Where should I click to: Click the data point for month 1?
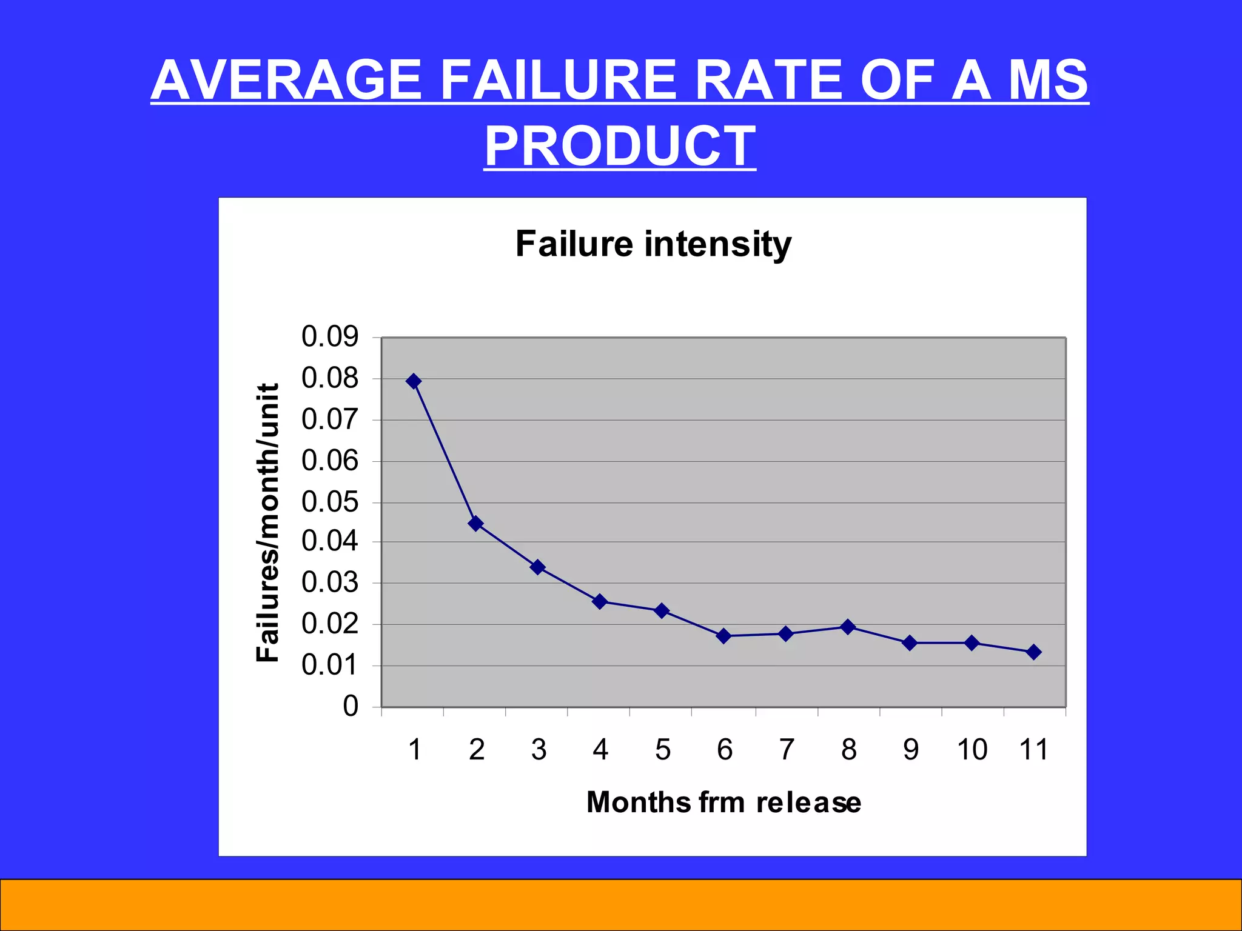414,381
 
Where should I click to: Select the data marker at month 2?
476,523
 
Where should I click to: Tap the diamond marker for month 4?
600,601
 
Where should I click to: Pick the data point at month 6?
723,636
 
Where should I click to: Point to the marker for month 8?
848,627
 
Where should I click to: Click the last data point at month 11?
1034,652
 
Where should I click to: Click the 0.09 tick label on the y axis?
330,337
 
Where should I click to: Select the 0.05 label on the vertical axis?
330,502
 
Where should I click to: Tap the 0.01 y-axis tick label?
330,666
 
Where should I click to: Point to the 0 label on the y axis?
351,707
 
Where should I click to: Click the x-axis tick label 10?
972,750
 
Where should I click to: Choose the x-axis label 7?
786,750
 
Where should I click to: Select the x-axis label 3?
539,750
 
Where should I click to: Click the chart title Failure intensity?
653,244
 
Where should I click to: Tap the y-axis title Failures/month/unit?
267,522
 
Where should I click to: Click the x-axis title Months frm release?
723,803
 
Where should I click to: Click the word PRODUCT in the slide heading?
620,146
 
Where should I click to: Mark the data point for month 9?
910,642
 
